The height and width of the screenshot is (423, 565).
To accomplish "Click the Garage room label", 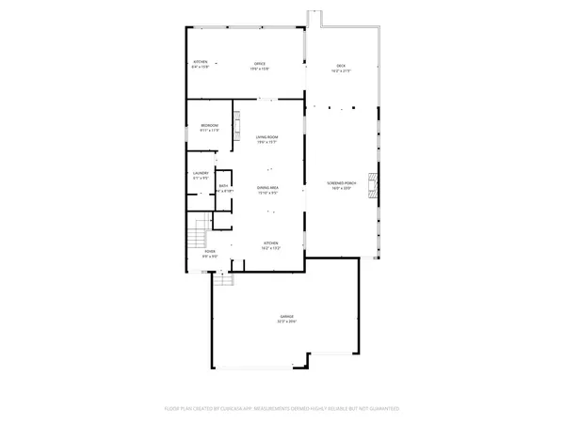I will click(x=286, y=316).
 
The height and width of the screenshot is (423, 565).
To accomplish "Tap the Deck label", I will click(x=342, y=64).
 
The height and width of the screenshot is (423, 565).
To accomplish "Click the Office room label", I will click(x=258, y=63).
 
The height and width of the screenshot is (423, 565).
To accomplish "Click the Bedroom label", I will click(x=209, y=125).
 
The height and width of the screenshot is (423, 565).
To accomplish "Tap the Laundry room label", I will click(x=201, y=173).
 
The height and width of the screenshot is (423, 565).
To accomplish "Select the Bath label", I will click(x=224, y=186).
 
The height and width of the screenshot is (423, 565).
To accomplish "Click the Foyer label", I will click(x=210, y=251).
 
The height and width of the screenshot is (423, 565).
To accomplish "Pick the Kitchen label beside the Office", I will click(x=200, y=63).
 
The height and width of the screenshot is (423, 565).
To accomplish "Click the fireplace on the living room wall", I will click(x=237, y=125).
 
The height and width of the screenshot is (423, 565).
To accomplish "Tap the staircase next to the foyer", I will click(x=195, y=229).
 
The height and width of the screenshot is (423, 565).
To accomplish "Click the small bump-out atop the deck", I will click(x=315, y=19).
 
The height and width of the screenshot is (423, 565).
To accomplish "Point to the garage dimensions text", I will click(x=286, y=321).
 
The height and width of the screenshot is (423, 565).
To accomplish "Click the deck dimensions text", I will click(x=342, y=70).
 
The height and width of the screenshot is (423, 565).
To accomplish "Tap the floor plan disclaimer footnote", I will click(x=282, y=410).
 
